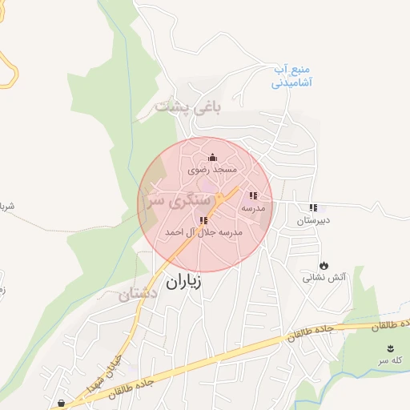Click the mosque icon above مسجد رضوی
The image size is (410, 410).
coord(212,157)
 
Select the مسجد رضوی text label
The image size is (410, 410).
coord(213,170)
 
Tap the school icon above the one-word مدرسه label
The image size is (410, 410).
coord(253,195)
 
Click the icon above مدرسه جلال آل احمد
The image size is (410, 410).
coord(203,220)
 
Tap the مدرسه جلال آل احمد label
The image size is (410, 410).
coord(203,232)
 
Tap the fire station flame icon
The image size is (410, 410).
coord(324,265)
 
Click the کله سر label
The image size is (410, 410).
coord(390,360)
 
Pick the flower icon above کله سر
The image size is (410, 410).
coord(390,348)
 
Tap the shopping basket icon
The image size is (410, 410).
coord(61,402)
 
